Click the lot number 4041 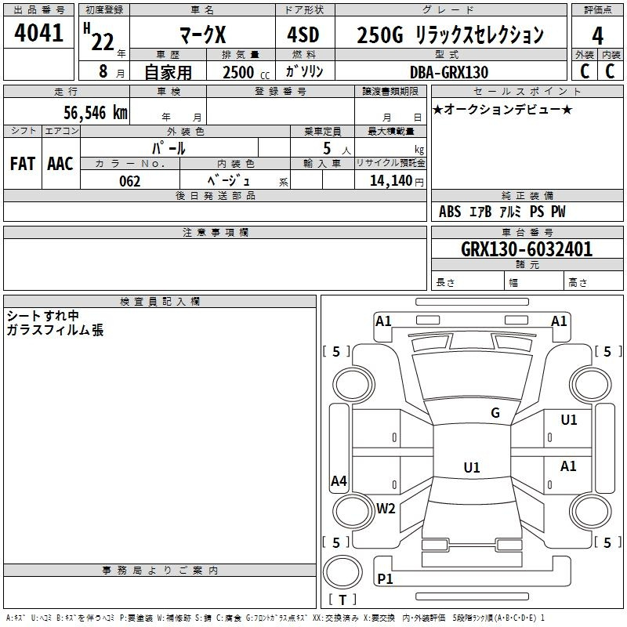[x=38, y=32]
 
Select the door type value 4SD [x=303, y=34]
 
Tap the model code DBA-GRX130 [x=449, y=72]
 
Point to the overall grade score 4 [x=597, y=35]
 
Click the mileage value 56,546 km [x=96, y=112]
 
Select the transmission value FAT [x=23, y=164]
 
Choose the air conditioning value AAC [x=60, y=164]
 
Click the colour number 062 [x=130, y=181]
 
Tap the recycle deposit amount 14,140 [x=391, y=181]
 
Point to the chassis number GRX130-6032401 [x=527, y=249]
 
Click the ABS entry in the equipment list [x=450, y=212]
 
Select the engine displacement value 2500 [x=238, y=72]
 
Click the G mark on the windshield [x=495, y=413]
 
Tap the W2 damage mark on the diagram [x=386, y=508]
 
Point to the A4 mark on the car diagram [x=339, y=480]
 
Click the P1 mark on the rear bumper [x=385, y=578]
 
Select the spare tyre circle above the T [x=342, y=572]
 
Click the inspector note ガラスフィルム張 [x=55, y=330]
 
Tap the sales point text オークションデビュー [x=502, y=109]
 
